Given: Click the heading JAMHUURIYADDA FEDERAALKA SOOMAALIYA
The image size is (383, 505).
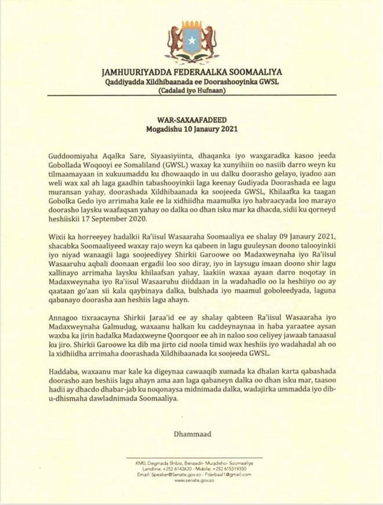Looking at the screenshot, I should [x=191, y=73].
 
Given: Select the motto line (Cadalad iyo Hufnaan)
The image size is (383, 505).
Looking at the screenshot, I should [x=191, y=92].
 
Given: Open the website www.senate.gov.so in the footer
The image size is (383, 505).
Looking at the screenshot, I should [x=191, y=481].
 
